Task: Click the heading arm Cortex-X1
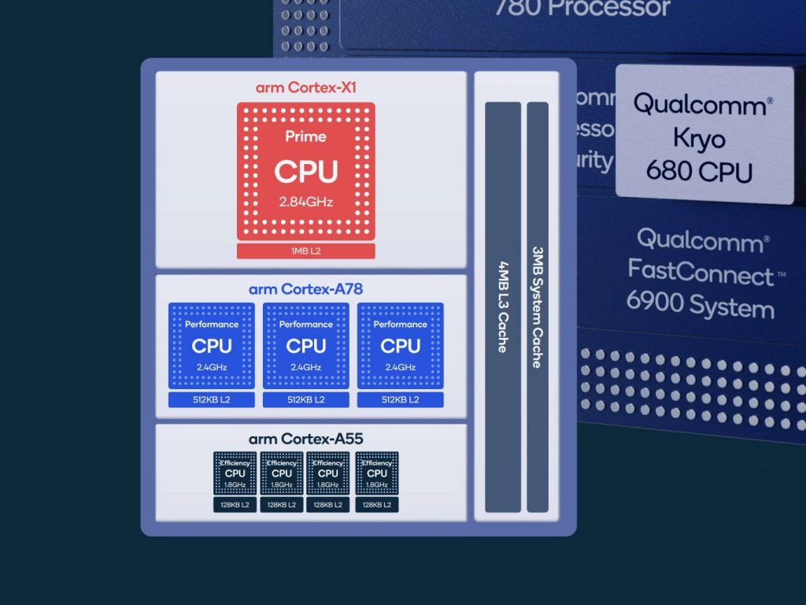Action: pyautogui.click(x=305, y=87)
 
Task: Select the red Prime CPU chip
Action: pyautogui.click(x=305, y=172)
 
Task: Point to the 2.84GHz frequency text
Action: pyautogui.click(x=305, y=202)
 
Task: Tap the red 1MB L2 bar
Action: pyautogui.click(x=305, y=251)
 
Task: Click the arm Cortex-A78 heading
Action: pyautogui.click(x=305, y=289)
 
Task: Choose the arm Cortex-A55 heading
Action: pyautogui.click(x=305, y=439)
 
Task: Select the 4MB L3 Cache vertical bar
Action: pyautogui.click(x=503, y=307)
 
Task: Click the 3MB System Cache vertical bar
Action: pyautogui.click(x=538, y=307)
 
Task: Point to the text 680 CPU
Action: pyautogui.click(x=699, y=171)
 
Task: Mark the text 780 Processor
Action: pyautogui.click(x=582, y=9)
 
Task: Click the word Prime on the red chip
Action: pyautogui.click(x=305, y=136)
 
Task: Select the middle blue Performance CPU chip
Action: pyautogui.click(x=305, y=345)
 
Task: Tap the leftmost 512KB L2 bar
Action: pyautogui.click(x=211, y=400)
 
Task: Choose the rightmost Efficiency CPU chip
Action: pyautogui.click(x=377, y=473)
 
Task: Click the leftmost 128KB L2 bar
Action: pyautogui.click(x=235, y=505)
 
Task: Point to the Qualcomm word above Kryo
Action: pyautogui.click(x=699, y=104)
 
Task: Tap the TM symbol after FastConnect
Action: pyautogui.click(x=782, y=273)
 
